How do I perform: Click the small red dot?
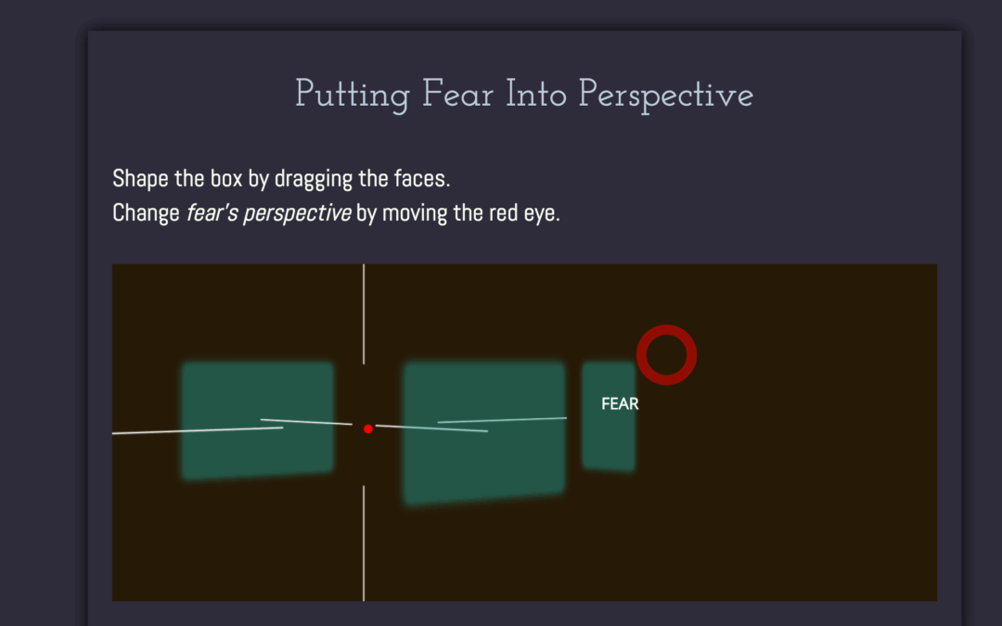tap(368, 428)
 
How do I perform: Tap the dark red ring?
tap(666, 329)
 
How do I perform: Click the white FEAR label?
tap(620, 403)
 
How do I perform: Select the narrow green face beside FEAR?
tap(609, 416)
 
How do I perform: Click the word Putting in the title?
tap(353, 96)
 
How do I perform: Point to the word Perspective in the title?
tap(666, 96)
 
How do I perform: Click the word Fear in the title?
tap(457, 95)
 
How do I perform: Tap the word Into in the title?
tap(536, 95)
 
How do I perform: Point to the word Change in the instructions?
tap(146, 213)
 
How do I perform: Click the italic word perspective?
tap(297, 213)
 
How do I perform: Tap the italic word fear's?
tap(212, 212)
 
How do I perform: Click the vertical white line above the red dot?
tap(364, 314)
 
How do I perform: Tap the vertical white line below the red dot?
tap(364, 543)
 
